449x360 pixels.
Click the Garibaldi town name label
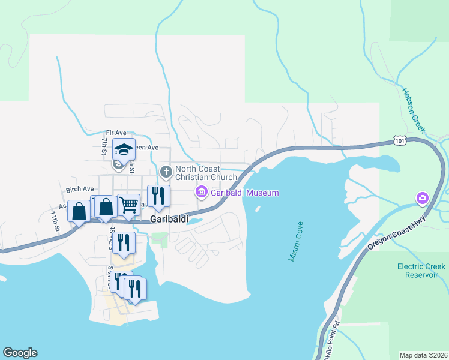169,220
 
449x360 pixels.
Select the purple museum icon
201,192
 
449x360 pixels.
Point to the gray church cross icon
166,172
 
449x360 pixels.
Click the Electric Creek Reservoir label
421,271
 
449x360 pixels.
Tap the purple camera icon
423,198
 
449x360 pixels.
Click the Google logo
20,353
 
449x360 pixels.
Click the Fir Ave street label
116,132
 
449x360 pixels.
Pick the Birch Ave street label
80,189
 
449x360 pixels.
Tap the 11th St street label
55,221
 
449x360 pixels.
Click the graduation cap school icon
124,148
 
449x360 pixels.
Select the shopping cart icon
129,205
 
